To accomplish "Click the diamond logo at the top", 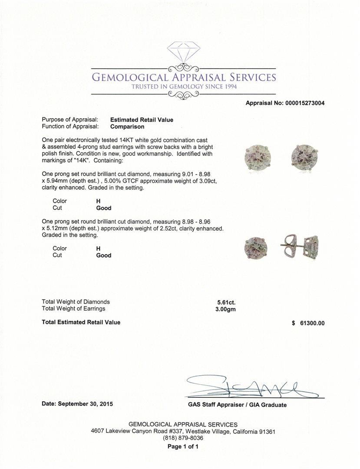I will click(183, 52).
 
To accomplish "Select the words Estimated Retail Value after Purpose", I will click(142, 120).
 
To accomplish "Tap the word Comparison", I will click(127, 127).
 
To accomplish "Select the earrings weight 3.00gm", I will click(226, 309).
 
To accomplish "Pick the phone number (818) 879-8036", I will click(183, 438).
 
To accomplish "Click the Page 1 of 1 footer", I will click(183, 446).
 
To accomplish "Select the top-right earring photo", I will click(304, 155).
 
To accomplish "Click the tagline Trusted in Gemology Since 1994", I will click(184, 86).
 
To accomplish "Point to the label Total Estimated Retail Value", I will click(81, 322).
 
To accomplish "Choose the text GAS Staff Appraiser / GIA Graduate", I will click(237, 405).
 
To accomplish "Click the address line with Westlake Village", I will click(183, 432).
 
